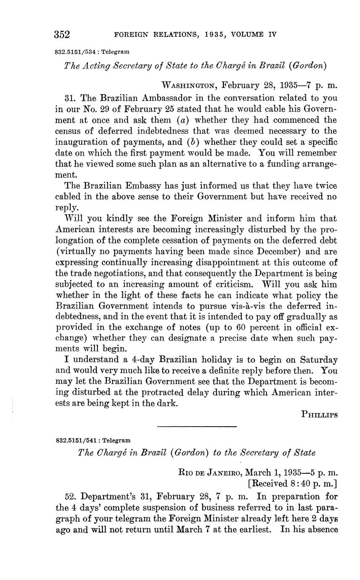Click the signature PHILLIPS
(x=319, y=414)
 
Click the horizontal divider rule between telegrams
(x=197, y=427)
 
